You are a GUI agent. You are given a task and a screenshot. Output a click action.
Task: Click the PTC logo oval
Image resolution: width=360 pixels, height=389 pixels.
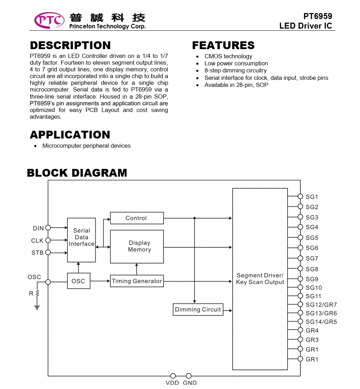tap(49, 20)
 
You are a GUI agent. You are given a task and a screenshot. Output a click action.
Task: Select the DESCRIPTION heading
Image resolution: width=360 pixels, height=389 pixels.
tap(70, 46)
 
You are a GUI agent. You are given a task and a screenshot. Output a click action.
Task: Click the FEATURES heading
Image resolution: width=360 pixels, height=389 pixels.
tap(223, 46)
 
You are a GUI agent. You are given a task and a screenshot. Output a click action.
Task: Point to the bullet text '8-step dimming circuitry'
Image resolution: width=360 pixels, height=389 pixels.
tap(235, 71)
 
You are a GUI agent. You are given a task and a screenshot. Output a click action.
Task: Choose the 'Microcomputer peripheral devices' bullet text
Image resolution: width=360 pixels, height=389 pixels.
tap(86, 146)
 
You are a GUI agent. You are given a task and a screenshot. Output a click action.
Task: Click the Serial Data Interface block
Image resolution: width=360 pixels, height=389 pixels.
tap(82, 240)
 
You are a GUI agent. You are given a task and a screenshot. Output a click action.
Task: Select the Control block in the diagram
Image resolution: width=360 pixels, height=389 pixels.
tap(137, 218)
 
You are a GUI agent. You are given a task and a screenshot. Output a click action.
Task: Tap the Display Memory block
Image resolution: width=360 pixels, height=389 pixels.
tap(137, 247)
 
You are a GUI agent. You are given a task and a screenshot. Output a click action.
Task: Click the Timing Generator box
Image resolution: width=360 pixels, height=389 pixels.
tap(137, 281)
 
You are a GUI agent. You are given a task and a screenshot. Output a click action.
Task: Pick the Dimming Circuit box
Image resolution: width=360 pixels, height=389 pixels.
tap(198, 310)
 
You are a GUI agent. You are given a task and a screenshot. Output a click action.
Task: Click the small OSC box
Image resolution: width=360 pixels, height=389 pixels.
tap(78, 281)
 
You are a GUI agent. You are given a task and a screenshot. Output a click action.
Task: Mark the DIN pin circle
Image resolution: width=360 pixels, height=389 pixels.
tap(48, 228)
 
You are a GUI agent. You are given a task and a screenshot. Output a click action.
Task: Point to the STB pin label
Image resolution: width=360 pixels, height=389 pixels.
tap(37, 253)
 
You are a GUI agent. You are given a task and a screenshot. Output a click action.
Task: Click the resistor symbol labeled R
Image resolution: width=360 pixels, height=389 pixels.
tap(37, 293)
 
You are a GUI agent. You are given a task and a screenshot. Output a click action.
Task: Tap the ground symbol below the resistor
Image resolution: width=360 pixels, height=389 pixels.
tap(37, 307)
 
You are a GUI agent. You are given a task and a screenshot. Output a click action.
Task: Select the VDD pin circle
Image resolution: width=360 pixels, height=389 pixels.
tap(173, 376)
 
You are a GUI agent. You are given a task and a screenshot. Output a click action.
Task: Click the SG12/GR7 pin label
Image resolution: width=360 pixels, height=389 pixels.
tap(321, 305)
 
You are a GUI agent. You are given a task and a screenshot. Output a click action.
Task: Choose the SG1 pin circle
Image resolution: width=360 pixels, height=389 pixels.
tap(300, 196)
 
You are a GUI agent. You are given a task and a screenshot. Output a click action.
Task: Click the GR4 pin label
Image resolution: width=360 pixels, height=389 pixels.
tap(312, 331)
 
